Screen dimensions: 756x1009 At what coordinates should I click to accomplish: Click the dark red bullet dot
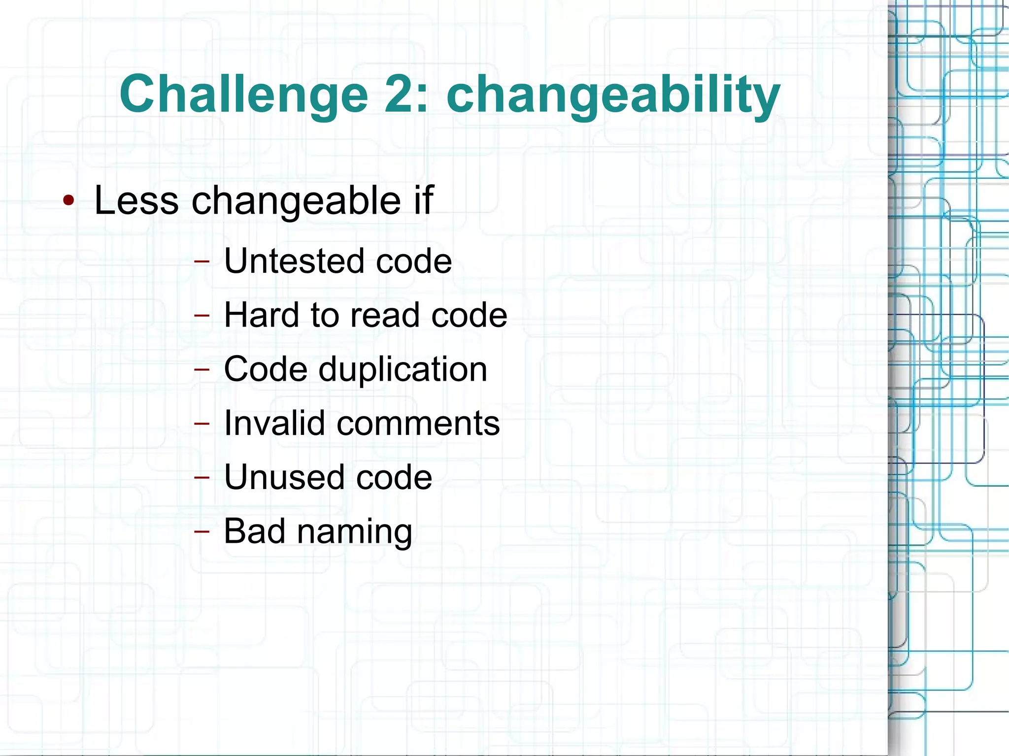[x=68, y=200]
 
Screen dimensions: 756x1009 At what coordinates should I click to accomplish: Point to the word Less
[x=136, y=200]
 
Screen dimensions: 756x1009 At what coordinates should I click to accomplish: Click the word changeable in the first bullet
[x=296, y=201]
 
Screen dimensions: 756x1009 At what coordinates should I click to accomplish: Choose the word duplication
[x=403, y=369]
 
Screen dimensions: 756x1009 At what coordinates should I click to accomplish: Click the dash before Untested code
[x=202, y=261]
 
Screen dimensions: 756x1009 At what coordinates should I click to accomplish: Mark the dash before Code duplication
[x=202, y=369]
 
